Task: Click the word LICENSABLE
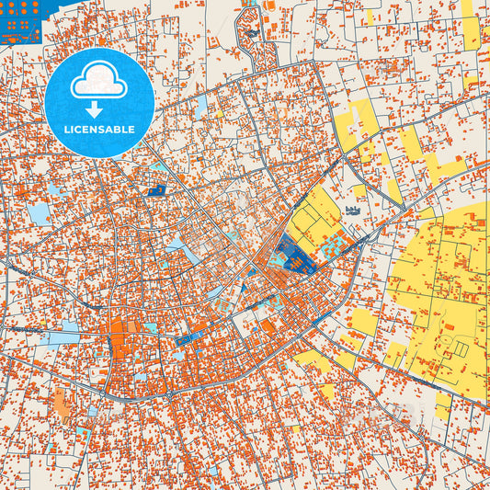click(100, 130)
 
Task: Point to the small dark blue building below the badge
click(155, 190)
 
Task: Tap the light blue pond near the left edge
click(40, 214)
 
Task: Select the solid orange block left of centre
click(121, 348)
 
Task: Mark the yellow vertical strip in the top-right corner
click(471, 32)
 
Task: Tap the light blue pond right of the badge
click(200, 107)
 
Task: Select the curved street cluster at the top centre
click(249, 33)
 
